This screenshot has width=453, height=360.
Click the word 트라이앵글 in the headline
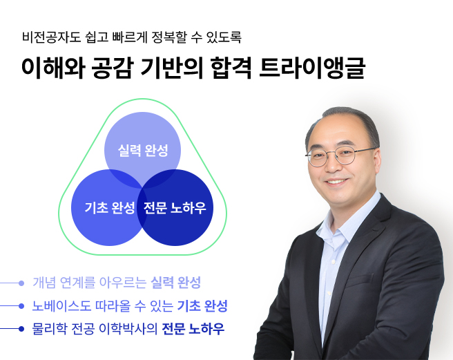tap(311, 70)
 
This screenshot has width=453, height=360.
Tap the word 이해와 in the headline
tap(53, 70)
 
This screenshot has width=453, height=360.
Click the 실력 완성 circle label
tap(143, 151)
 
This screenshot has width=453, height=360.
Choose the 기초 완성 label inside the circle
tap(110, 208)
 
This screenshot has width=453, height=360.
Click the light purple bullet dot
tap(21, 283)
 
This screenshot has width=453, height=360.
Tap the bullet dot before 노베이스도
tap(21, 305)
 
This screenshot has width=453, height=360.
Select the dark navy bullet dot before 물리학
tap(21, 328)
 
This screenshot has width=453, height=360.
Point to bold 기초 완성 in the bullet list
tap(202, 305)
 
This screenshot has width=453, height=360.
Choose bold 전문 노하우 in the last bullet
tap(193, 328)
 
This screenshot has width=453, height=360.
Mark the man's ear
tap(378, 160)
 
